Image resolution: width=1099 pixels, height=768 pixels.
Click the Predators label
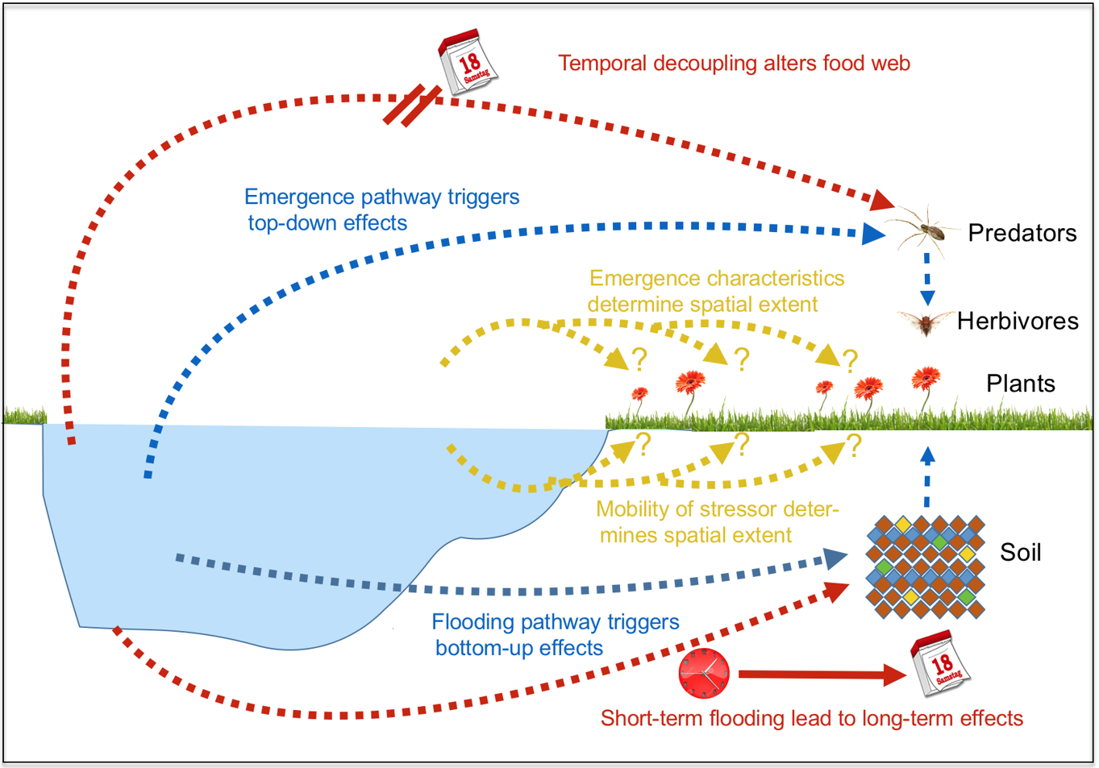[x=1022, y=233]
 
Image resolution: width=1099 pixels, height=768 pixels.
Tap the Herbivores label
[x=1017, y=321]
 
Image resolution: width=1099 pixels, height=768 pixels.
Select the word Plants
[x=1020, y=384]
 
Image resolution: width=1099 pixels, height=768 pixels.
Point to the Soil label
[x=1020, y=552]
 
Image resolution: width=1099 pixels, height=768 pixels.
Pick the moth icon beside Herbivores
[x=924, y=323]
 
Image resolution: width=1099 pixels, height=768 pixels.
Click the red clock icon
[x=704, y=673]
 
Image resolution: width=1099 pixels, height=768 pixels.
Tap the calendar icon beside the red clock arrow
[x=940, y=664]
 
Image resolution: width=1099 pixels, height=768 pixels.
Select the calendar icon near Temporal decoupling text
[x=468, y=62]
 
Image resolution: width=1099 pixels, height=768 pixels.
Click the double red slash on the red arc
[x=412, y=105]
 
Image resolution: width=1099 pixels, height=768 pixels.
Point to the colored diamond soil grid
[x=925, y=567]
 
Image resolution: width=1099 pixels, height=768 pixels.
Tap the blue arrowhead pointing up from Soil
[x=927, y=455]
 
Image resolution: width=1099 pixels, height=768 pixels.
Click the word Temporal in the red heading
[x=602, y=64]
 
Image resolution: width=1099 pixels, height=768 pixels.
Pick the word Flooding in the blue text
[x=472, y=622]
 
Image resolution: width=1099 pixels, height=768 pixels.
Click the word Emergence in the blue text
[x=299, y=197]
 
